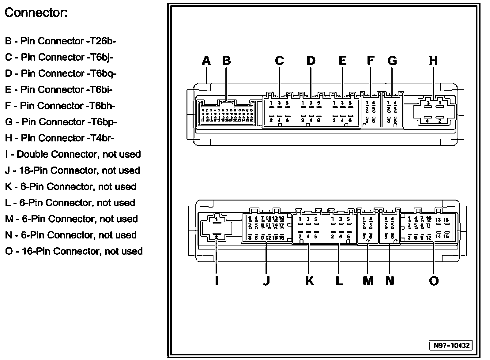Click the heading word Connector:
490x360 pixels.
[36, 13]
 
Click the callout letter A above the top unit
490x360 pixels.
[206, 61]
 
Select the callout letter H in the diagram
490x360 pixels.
[433, 61]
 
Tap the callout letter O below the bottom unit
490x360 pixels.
[434, 281]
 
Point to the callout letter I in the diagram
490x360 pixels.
[217, 281]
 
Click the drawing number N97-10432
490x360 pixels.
[451, 345]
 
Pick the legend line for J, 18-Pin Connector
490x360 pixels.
[73, 171]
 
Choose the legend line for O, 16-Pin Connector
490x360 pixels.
[74, 251]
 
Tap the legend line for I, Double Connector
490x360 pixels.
[73, 154]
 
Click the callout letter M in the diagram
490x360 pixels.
[368, 281]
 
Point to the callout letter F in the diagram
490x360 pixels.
[370, 61]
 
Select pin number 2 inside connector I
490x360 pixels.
[216, 237]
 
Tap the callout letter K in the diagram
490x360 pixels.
[310, 281]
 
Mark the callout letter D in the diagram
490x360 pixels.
[311, 61]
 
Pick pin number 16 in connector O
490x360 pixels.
[446, 236]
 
